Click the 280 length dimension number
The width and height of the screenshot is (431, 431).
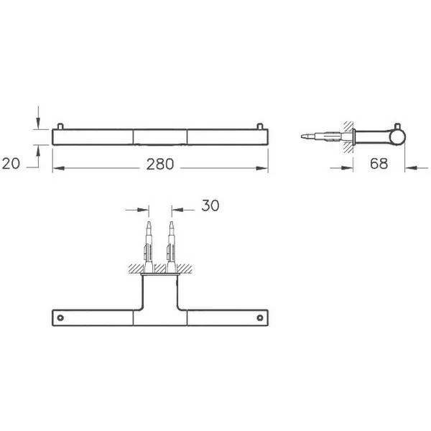click(x=160, y=164)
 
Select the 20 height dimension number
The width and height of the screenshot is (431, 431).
click(x=11, y=163)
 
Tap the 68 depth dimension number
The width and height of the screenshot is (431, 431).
click(x=379, y=164)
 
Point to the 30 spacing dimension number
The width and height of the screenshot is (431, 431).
click(x=210, y=205)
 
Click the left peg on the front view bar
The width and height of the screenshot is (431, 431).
click(x=60, y=126)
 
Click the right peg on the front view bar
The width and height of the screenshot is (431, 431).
click(x=260, y=126)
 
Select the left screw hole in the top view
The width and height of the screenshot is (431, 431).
click(x=60, y=318)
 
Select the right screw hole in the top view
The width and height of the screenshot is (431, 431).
click(x=260, y=318)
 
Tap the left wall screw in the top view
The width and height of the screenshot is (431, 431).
click(x=149, y=247)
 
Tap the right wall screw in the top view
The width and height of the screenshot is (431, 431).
click(x=172, y=247)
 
